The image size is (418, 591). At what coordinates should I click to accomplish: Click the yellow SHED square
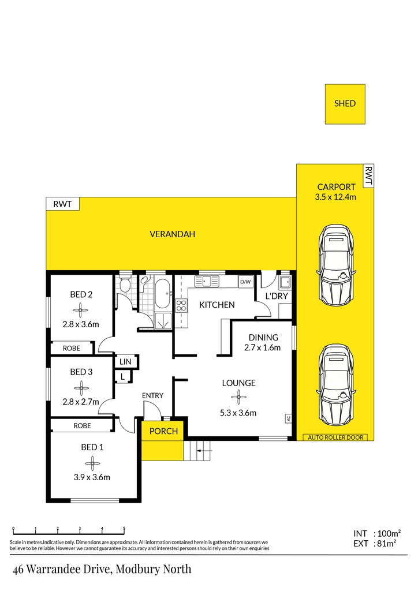tap(345, 104)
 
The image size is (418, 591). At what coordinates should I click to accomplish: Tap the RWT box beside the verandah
tap(62, 204)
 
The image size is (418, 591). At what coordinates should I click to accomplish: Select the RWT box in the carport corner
tap(368, 175)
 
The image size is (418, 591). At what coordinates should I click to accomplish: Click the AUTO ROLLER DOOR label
tap(335, 437)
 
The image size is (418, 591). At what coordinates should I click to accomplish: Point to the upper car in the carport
tap(336, 265)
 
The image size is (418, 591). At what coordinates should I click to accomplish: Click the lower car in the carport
tap(336, 384)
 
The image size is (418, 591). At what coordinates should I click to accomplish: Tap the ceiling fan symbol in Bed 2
tap(80, 310)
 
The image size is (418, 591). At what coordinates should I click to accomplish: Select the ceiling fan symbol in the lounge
tap(238, 397)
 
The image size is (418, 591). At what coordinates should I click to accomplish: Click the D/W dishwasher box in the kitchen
tap(245, 282)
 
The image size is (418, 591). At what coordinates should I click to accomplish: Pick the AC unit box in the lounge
tap(288, 418)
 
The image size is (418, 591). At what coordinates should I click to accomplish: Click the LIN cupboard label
tap(125, 362)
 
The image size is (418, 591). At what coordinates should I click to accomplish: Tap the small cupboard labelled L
tap(123, 376)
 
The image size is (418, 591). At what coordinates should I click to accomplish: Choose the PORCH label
tap(163, 431)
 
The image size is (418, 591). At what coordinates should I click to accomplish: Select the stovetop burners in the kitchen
tap(181, 305)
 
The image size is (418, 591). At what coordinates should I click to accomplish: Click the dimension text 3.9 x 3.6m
tap(92, 477)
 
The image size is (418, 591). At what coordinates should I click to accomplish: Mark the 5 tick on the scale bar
tap(124, 530)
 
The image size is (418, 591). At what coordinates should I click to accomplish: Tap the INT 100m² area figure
tap(377, 533)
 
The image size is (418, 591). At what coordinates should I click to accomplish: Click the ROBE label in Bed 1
tap(82, 425)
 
